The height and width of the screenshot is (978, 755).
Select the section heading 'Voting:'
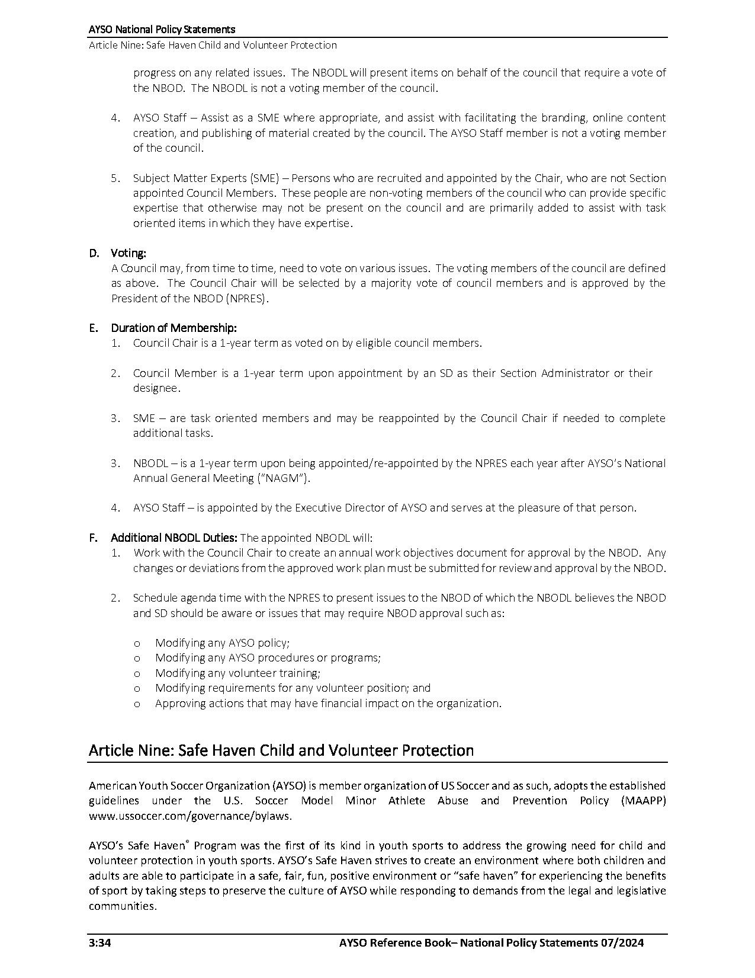128,253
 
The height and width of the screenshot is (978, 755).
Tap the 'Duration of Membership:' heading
174,328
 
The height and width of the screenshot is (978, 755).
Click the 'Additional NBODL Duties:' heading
174,538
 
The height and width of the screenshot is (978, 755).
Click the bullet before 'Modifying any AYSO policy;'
137,643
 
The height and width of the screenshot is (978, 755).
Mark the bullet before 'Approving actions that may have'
137,704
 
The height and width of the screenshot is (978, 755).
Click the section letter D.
94,253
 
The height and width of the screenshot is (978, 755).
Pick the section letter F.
93,538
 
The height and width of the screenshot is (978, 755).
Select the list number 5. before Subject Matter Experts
115,178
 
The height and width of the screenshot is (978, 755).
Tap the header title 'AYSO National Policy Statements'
162,29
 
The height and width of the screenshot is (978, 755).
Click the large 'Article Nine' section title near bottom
281,750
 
